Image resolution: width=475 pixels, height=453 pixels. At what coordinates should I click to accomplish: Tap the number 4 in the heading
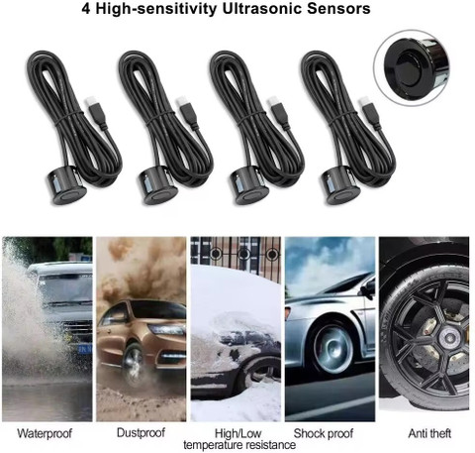(x=86, y=9)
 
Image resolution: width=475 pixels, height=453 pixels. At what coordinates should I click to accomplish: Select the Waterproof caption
(x=45, y=433)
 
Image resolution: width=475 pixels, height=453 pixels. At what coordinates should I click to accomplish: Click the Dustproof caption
(x=141, y=432)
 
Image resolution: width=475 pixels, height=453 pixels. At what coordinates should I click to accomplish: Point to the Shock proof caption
(x=324, y=433)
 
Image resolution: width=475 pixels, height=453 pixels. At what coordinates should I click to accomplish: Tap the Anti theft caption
(x=429, y=433)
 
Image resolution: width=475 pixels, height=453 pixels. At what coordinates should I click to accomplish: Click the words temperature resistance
(x=239, y=445)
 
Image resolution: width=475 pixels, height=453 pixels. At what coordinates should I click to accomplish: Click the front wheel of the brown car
(x=134, y=364)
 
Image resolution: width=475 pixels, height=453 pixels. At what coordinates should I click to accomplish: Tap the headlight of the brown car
(x=166, y=330)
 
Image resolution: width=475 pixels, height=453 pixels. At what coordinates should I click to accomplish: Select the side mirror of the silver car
(x=368, y=288)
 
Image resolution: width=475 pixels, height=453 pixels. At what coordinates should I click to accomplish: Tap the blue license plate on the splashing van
(x=85, y=349)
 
